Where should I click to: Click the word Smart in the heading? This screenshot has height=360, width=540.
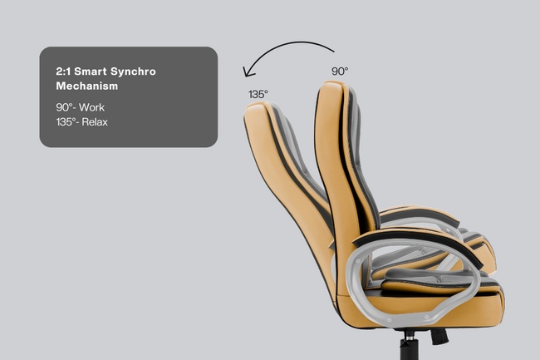coord(91,72)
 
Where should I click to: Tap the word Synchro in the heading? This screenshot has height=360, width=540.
coord(133,72)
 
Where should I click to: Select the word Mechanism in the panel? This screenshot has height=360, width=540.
coord(87,86)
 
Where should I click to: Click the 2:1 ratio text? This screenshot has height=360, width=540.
coord(63,72)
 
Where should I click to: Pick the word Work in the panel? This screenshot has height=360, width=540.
coord(91,107)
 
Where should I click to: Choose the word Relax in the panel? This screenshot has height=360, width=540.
coord(95,122)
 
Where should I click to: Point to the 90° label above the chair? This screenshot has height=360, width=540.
coord(340,72)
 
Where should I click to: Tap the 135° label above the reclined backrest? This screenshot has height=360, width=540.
coord(258,94)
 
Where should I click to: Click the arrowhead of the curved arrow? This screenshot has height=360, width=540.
coord(248,72)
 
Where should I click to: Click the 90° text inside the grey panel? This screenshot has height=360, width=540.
coord(65,107)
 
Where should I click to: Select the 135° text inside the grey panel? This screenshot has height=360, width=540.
coord(66,122)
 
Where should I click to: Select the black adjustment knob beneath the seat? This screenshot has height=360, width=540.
coord(439,336)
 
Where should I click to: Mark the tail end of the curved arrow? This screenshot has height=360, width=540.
coord(334,52)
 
